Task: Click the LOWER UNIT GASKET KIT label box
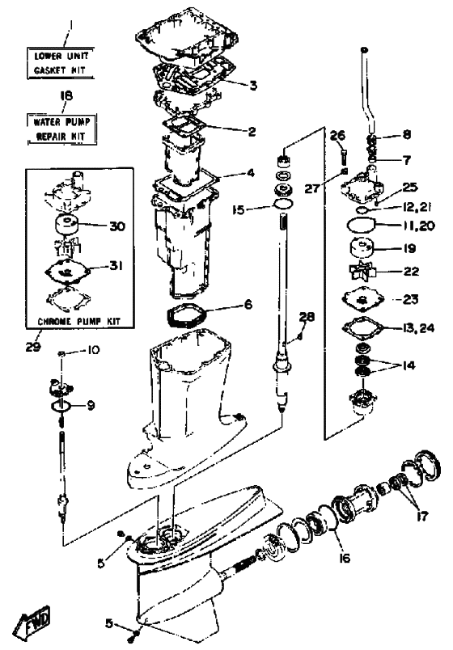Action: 61,63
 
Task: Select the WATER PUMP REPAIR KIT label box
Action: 61,129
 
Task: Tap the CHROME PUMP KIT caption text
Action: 78,321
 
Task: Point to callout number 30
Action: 116,226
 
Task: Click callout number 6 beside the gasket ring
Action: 248,305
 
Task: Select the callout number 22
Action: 411,271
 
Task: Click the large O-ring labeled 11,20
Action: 360,226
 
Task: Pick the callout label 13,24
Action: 417,327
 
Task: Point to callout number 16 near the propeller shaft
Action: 345,558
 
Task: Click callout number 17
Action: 422,516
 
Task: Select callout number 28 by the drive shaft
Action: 307,317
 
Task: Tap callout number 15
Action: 239,209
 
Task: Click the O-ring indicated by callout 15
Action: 283,204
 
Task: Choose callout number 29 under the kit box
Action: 33,346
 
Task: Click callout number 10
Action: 93,350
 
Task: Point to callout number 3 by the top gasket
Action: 253,86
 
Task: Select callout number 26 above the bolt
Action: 337,136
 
